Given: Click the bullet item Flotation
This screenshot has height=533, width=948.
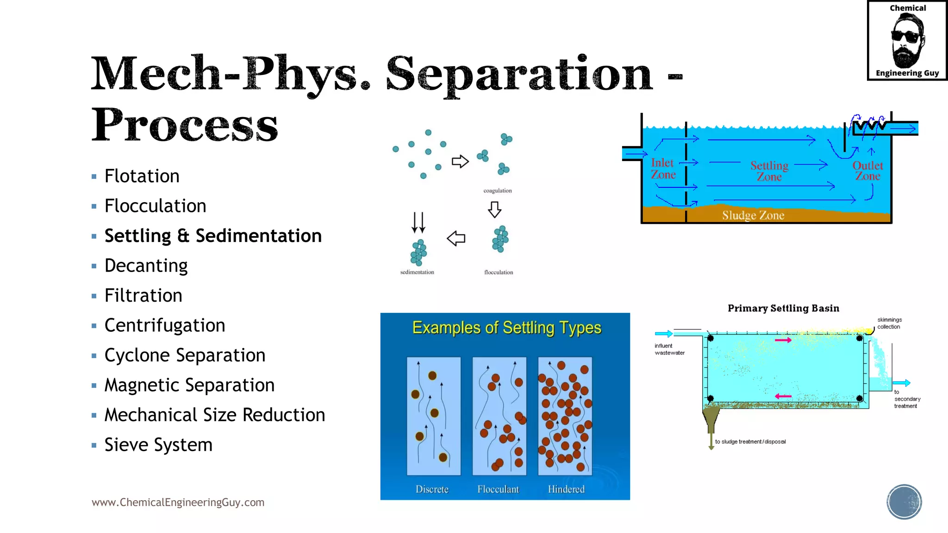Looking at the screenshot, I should (x=142, y=176).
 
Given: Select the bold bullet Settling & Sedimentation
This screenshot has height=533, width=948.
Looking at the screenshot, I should (x=213, y=236).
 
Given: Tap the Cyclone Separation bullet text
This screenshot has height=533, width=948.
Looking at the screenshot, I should (x=185, y=355).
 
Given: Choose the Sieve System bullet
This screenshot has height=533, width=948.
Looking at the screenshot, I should (x=158, y=445).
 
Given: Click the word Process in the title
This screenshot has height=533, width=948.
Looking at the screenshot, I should (x=185, y=125).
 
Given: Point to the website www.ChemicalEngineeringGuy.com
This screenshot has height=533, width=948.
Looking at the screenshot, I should (x=178, y=502).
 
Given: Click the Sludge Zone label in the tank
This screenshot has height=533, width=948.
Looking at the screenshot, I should (x=753, y=216).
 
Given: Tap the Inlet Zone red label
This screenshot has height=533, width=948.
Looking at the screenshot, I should (x=663, y=169).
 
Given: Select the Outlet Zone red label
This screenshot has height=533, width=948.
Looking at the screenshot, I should (x=867, y=171).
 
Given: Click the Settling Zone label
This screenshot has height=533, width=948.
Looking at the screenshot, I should (x=769, y=171).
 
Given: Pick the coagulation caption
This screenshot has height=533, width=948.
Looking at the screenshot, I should (x=498, y=191).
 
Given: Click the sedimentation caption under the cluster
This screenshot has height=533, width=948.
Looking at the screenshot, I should (x=417, y=272).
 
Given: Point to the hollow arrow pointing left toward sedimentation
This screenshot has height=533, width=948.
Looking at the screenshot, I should (x=456, y=239).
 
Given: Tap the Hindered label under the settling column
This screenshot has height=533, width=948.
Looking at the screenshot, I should (x=566, y=489).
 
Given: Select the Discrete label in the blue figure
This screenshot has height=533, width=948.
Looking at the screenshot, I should (x=432, y=489).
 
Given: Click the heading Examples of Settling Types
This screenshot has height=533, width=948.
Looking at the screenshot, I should (x=506, y=328).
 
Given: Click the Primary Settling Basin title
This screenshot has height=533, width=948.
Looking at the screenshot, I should (x=783, y=309).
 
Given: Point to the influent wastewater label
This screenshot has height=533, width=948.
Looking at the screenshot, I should (x=669, y=349).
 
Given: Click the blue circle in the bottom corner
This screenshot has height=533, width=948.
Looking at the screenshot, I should (x=904, y=502).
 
